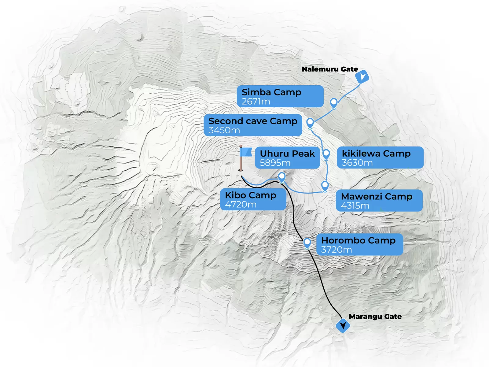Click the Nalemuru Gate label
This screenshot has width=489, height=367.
pyautogui.click(x=330, y=69)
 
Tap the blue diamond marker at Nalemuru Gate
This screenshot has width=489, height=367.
pyautogui.click(x=362, y=76)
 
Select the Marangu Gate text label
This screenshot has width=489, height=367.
pyautogui.click(x=375, y=317)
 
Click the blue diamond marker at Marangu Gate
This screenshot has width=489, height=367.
pyautogui.click(x=343, y=326)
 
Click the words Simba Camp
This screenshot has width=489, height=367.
pyautogui.click(x=271, y=92)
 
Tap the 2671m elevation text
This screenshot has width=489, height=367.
pyautogui.click(x=256, y=102)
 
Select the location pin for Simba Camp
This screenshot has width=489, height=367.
pyautogui.click(x=334, y=103)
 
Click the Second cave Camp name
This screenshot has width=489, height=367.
pyautogui.click(x=253, y=121)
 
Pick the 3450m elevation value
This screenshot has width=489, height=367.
pyautogui.click(x=224, y=130)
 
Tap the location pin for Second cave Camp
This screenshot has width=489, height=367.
pyautogui.click(x=310, y=123)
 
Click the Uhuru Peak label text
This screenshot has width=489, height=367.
pyautogui.click(x=287, y=154)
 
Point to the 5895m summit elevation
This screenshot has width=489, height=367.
pyautogui.click(x=275, y=163)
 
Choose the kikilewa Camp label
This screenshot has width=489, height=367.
pyautogui.click(x=376, y=154)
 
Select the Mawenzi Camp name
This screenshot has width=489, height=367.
pyautogui.click(x=377, y=196)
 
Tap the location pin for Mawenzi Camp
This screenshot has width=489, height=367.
pyautogui.click(x=325, y=185)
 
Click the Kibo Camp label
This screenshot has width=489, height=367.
pyautogui.click(x=251, y=195)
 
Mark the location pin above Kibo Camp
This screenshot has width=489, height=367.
pyautogui.click(x=282, y=177)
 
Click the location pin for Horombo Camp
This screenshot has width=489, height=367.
pyautogui.click(x=307, y=243)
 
